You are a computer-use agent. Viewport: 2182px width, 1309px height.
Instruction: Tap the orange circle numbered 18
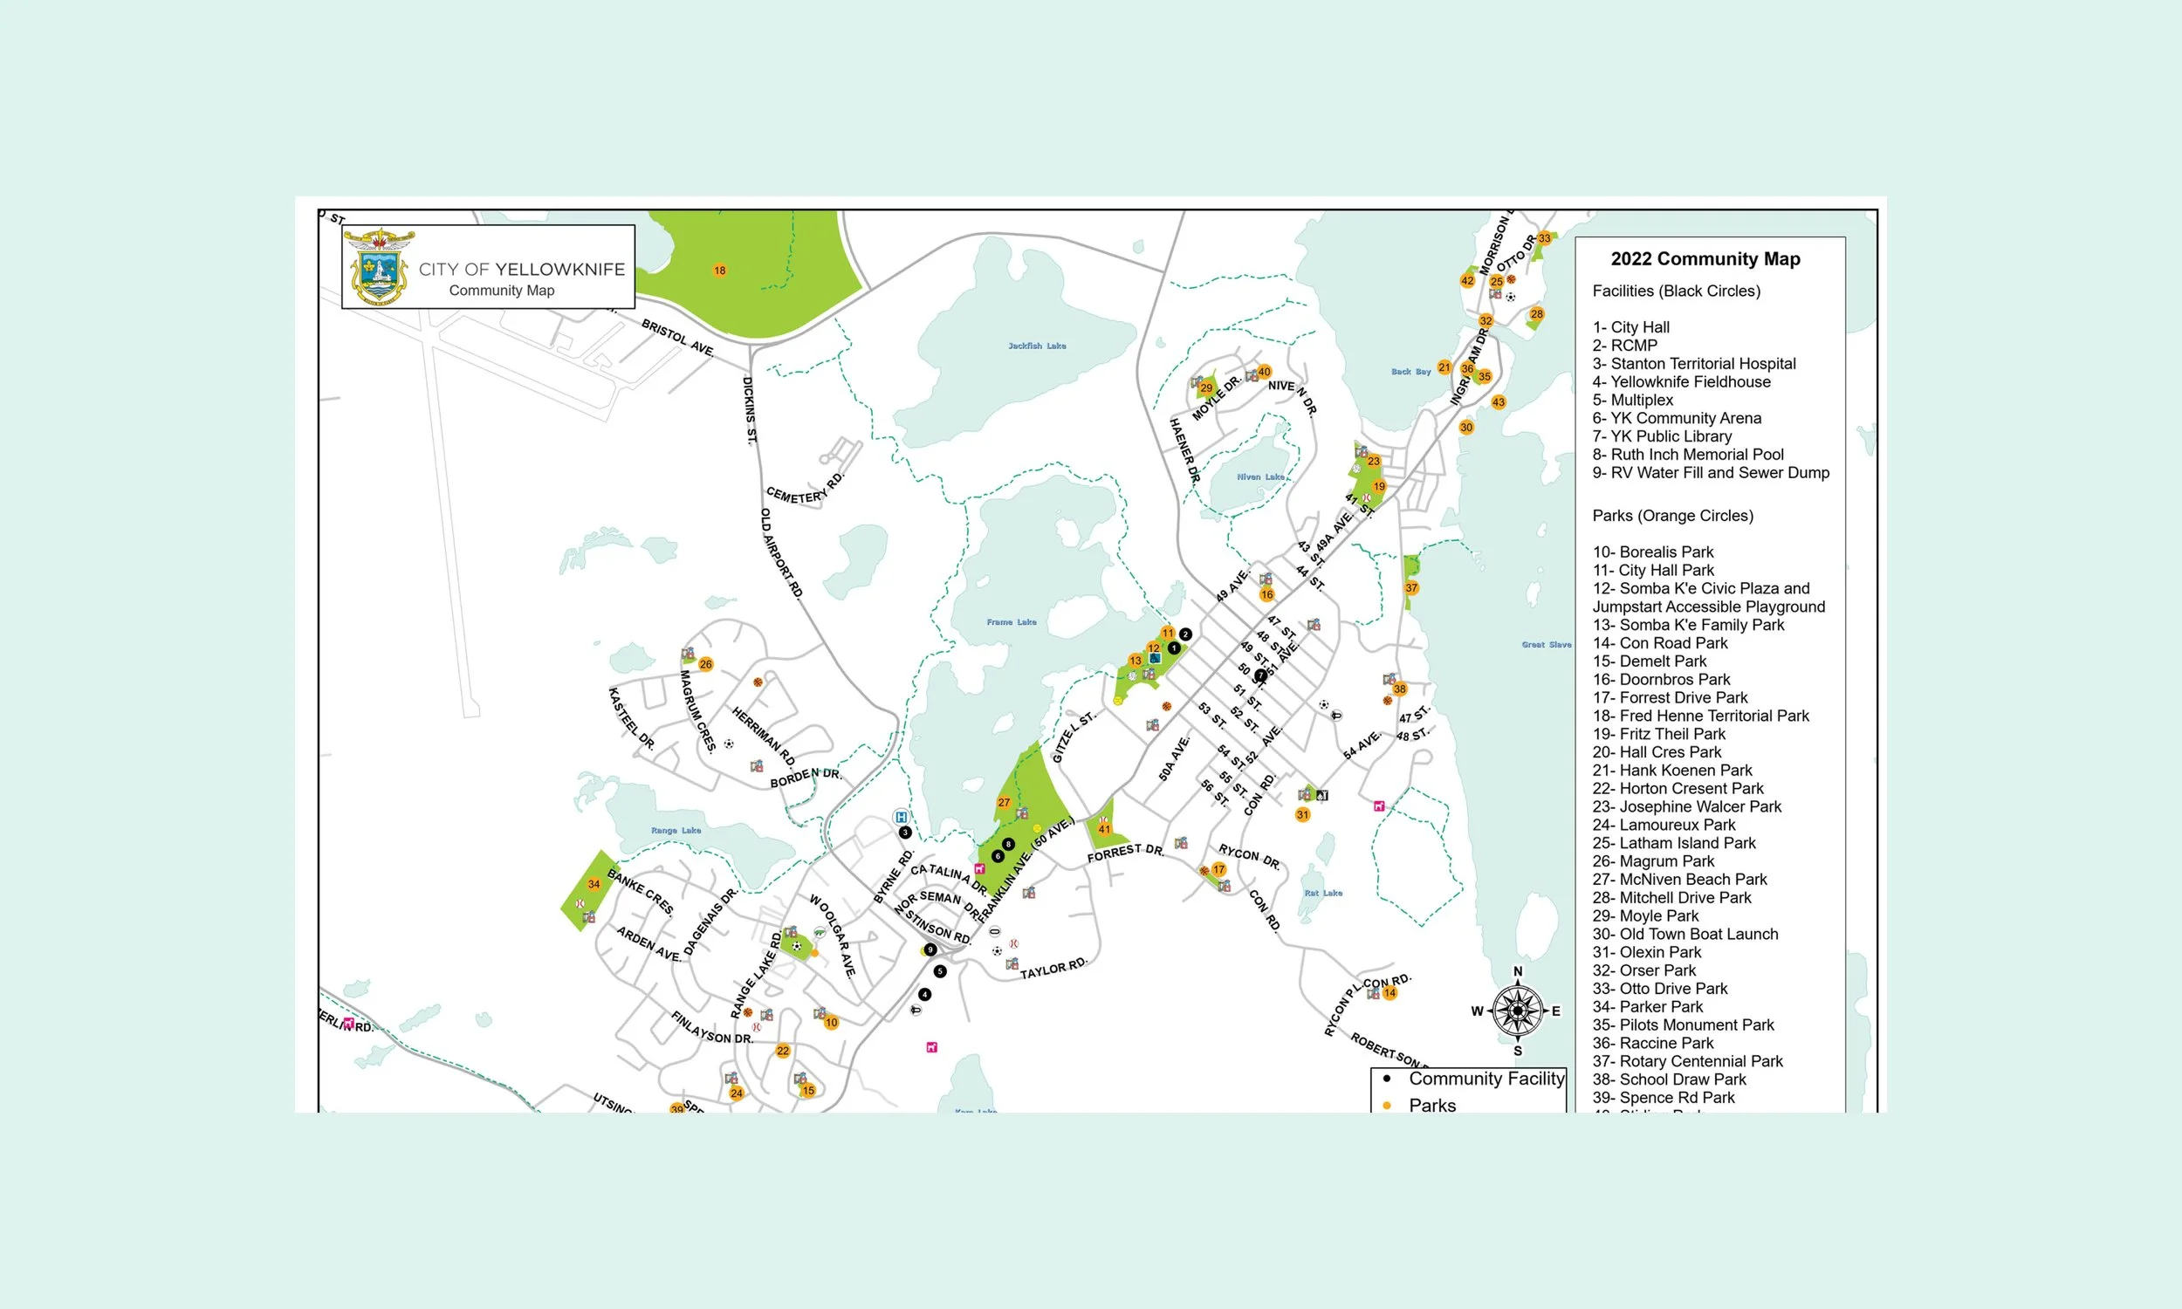[x=720, y=271]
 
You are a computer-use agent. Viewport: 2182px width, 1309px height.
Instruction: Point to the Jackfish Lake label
[x=1036, y=346]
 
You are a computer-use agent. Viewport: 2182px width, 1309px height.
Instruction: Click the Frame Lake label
[x=1011, y=622]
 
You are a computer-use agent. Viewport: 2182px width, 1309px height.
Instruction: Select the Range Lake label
[x=676, y=830]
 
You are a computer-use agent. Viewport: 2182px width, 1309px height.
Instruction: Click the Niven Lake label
[x=1259, y=477]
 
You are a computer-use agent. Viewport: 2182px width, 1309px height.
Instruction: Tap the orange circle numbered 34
[x=594, y=884]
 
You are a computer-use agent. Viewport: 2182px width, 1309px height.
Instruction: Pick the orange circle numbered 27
[x=1004, y=803]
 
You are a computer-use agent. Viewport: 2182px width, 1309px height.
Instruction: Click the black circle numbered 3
[x=904, y=833]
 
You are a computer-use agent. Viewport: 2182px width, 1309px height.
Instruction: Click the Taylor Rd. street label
[x=1054, y=968]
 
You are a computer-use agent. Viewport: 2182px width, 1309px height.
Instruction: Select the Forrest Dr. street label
[x=1125, y=852]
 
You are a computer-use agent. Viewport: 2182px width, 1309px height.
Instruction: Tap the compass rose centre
[x=1517, y=1011]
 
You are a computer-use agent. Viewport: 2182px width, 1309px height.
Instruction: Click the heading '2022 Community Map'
[x=1705, y=258]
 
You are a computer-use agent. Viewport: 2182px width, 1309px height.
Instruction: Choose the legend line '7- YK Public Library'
[x=1662, y=435]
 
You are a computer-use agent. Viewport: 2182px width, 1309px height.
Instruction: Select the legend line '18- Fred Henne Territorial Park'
[x=1699, y=716]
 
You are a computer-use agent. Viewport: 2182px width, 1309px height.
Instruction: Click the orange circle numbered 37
[x=1411, y=587]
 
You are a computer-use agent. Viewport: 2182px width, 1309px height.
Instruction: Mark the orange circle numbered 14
[x=1390, y=993]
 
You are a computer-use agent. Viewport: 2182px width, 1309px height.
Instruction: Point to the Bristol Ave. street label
[x=677, y=337]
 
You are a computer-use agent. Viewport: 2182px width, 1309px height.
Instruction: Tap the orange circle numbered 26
[x=705, y=664]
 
